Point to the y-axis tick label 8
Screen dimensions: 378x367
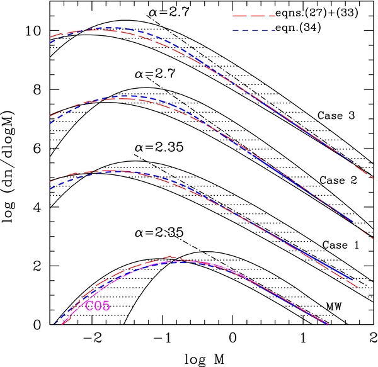pos(37,90)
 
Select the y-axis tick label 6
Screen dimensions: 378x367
pos(37,149)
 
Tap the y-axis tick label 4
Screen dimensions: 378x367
pos(37,208)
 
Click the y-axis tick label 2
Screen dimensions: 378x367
pos(37,266)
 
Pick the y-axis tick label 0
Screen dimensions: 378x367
pos(37,325)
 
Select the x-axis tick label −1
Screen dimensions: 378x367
pos(163,337)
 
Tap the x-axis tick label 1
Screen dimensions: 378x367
pos(303,337)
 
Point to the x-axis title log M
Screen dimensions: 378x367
pos(205,359)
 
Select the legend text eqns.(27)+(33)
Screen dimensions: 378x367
pos(316,13)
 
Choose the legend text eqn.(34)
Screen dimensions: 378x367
pos(298,28)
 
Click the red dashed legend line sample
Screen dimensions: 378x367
pos(254,16)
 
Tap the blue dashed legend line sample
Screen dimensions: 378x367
pos(254,31)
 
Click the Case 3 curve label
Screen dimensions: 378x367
pos(336,116)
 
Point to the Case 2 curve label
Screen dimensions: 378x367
pos(338,181)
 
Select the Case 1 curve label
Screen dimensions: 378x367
pos(341,245)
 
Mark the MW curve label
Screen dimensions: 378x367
pos(334,307)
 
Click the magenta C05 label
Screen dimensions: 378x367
pos(98,307)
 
